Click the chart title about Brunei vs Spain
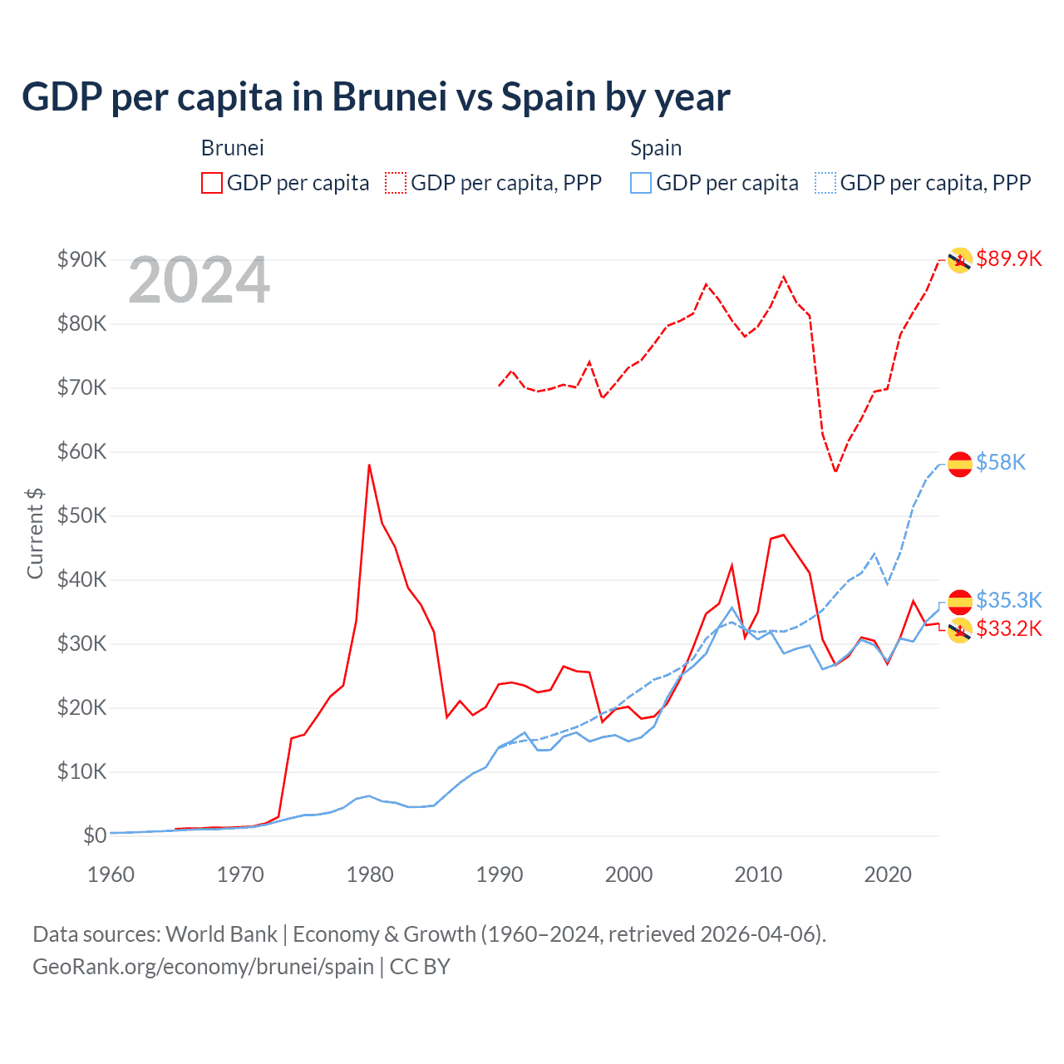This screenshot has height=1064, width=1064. [376, 97]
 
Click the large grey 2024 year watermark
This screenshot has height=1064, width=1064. [199, 281]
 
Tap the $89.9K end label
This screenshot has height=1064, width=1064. [1008, 259]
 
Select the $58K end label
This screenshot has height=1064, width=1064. [1001, 462]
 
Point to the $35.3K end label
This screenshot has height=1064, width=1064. [1008, 600]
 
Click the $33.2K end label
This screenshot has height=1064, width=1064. [1008, 628]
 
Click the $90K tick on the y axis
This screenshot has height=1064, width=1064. [81, 259]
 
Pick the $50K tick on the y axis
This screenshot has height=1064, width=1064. [81, 515]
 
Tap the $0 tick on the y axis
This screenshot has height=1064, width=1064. [94, 835]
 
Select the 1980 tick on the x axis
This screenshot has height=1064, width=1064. [370, 874]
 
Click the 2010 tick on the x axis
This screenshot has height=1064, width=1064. [758, 874]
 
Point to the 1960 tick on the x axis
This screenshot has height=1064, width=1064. [111, 874]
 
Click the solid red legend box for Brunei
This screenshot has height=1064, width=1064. [212, 183]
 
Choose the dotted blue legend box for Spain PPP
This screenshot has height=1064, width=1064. [825, 183]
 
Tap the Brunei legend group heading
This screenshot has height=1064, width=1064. [232, 148]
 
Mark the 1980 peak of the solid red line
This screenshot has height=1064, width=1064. [369, 465]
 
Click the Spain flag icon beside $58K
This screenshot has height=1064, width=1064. [960, 464]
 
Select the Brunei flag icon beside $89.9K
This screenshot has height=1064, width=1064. [960, 260]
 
